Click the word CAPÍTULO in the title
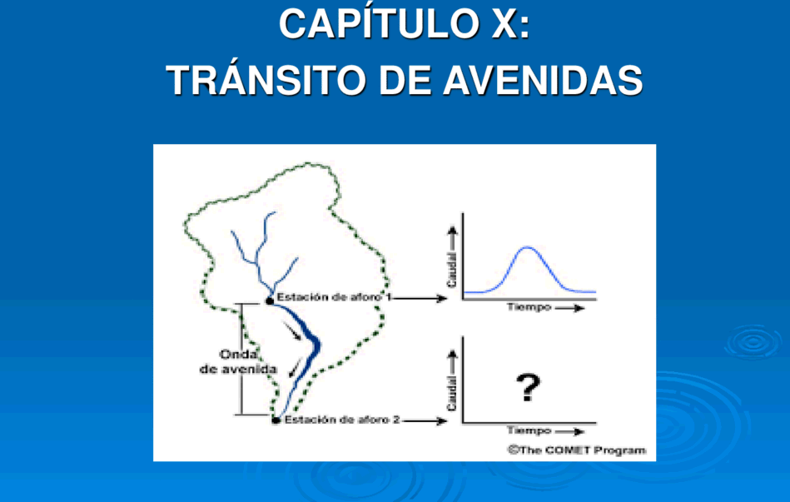pyautogui.click(x=379, y=23)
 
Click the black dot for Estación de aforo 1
pyautogui.click(x=270, y=301)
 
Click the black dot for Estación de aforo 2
pyautogui.click(x=276, y=420)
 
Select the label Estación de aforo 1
pyautogui.click(x=334, y=297)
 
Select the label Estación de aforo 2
pyautogui.click(x=342, y=420)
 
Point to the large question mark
pyautogui.click(x=528, y=387)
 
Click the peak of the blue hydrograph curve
pyautogui.click(x=528, y=247)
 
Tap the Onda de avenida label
pyautogui.click(x=238, y=361)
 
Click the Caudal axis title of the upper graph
pyautogui.click(x=451, y=270)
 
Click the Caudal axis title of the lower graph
pyautogui.click(x=451, y=393)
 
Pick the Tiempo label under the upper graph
pyautogui.click(x=529, y=307)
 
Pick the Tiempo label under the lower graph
pyautogui.click(x=529, y=430)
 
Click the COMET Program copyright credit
pyautogui.click(x=577, y=450)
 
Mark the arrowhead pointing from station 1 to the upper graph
pyautogui.click(x=441, y=298)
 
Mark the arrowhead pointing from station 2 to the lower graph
pyautogui.click(x=441, y=421)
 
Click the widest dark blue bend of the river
pyautogui.click(x=316, y=345)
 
